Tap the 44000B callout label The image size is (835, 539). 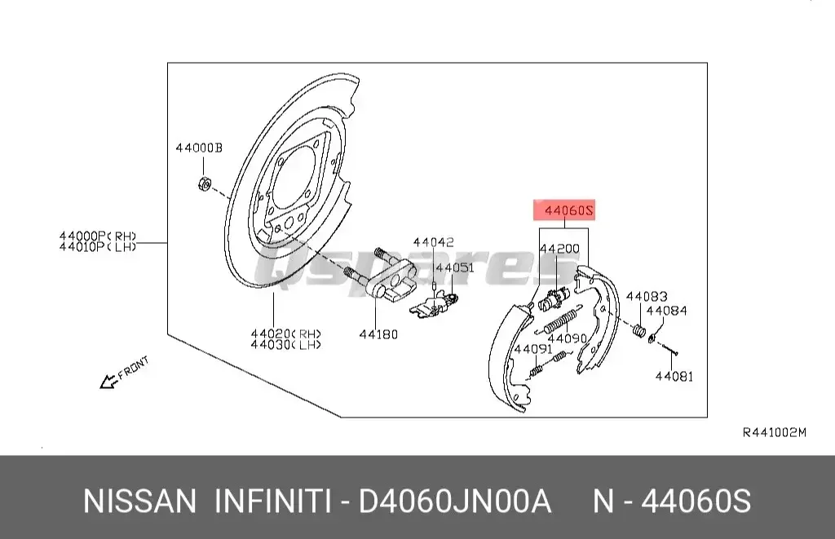point(198,148)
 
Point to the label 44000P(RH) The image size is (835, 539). point(97,236)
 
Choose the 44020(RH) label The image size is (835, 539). point(285,334)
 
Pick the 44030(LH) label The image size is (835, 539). point(285,345)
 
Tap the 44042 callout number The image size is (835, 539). point(433,242)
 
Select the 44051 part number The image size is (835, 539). point(454,267)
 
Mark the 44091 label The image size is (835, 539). point(531,349)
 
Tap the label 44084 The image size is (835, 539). point(667,311)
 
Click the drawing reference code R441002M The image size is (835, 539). point(774,432)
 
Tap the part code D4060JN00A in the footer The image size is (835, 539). point(457,501)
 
